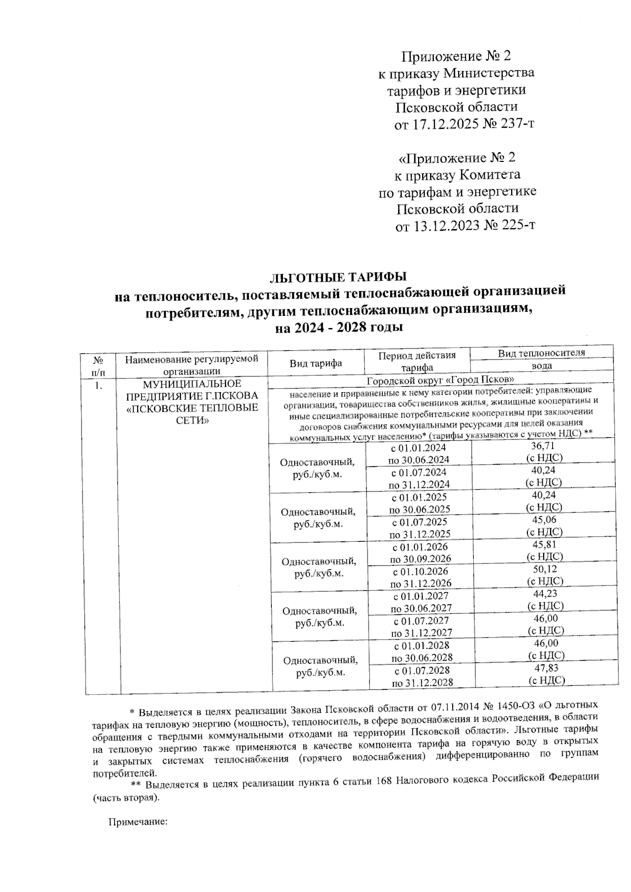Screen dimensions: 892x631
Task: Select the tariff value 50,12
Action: click(x=545, y=569)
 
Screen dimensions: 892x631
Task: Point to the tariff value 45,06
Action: click(x=544, y=519)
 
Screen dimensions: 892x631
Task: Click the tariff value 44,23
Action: click(x=545, y=593)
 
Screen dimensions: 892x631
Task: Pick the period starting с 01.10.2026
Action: click(x=421, y=571)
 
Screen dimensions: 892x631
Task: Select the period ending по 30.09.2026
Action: click(x=420, y=559)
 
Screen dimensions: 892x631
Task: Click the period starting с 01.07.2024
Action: click(x=419, y=472)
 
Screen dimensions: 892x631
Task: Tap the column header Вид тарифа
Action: click(x=315, y=363)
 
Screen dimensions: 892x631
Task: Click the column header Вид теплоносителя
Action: click(x=541, y=353)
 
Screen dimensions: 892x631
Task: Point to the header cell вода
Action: click(x=541, y=366)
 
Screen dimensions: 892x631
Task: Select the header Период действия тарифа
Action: click(x=416, y=362)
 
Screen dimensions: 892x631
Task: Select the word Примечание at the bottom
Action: click(x=137, y=822)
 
